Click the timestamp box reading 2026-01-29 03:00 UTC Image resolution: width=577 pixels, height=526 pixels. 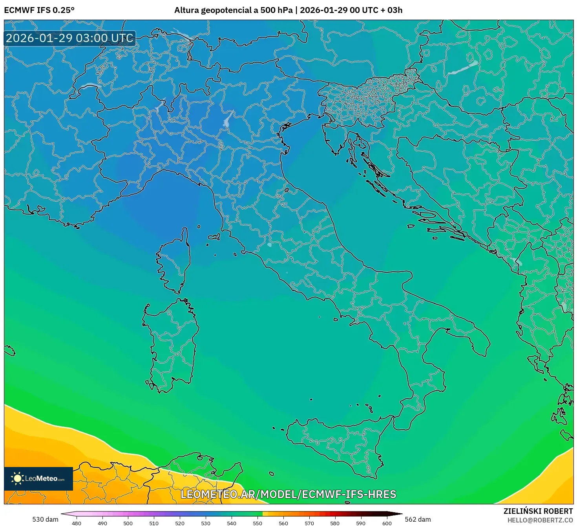point(70,38)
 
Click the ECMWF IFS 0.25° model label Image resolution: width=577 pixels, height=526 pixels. point(39,10)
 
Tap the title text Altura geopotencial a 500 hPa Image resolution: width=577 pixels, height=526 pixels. point(233,10)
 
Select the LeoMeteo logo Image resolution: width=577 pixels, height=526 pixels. point(38,478)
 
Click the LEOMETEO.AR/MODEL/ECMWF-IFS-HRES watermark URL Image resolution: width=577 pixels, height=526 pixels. point(288,494)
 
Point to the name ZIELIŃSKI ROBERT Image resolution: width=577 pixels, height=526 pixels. point(538,511)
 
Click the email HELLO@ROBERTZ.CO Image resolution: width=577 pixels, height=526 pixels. point(540,520)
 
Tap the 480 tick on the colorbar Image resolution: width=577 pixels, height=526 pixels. point(77,523)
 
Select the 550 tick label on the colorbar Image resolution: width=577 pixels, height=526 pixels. point(257,523)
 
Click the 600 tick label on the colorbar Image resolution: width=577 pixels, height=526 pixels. point(387,523)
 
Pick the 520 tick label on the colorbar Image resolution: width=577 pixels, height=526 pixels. point(180,523)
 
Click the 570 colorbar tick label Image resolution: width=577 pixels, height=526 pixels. point(309,523)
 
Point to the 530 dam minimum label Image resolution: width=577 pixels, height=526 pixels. point(45,519)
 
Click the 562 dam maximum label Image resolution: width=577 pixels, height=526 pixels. point(418,519)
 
